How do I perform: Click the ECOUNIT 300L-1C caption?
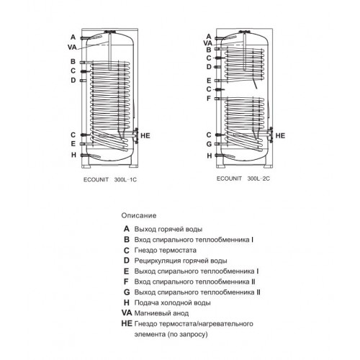[x=110, y=180]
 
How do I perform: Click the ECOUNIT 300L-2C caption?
[x=243, y=179]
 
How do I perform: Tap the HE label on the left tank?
[x=145, y=136]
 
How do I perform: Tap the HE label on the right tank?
[x=280, y=136]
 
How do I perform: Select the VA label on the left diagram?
[x=72, y=48]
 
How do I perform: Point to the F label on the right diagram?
[x=209, y=99]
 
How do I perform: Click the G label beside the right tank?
[x=209, y=144]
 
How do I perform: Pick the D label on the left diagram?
[x=73, y=81]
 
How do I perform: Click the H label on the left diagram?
[x=73, y=155]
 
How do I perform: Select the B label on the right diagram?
[x=209, y=50]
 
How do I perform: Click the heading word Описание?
[x=139, y=215]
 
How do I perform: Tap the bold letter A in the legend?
[x=127, y=229]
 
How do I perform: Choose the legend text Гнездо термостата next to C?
[x=166, y=251]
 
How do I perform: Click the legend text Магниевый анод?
[x=161, y=313]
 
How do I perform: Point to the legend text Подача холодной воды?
[x=173, y=303]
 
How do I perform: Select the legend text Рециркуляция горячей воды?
[x=181, y=261]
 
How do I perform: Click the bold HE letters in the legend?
[x=127, y=323]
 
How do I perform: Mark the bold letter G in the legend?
[x=127, y=292]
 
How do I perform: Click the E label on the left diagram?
[x=73, y=144]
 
